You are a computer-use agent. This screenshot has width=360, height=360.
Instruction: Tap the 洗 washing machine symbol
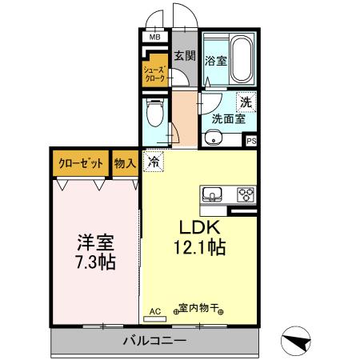[247, 102]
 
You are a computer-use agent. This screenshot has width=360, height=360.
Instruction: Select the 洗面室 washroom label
[227, 120]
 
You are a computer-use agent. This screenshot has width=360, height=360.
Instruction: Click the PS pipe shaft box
[251, 141]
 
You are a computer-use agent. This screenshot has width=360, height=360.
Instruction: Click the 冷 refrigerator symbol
[154, 162]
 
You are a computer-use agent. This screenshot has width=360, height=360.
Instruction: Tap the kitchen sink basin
[214, 194]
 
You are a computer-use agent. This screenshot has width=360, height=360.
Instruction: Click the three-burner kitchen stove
[243, 194]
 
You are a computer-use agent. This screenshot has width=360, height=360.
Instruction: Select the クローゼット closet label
[81, 163]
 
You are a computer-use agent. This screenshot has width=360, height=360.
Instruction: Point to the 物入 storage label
[125, 163]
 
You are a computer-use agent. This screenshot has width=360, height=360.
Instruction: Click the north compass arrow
[298, 342]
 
